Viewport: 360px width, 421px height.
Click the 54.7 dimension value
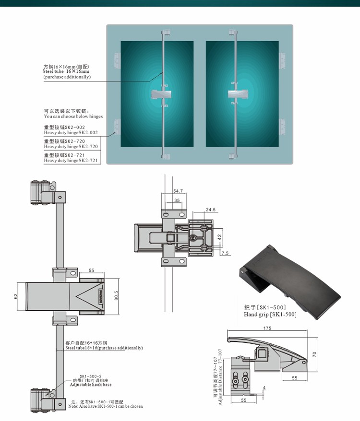[178, 191]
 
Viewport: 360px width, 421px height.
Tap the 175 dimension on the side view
[267, 328]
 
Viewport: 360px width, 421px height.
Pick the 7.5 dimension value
[226, 253]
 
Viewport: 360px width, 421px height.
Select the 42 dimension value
[219, 236]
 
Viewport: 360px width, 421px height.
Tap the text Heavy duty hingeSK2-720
[71, 146]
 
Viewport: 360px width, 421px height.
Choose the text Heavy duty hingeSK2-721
[71, 161]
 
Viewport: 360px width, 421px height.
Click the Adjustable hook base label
[90, 385]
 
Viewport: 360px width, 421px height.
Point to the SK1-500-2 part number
[90, 376]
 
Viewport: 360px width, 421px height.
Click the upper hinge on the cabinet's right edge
[282, 61]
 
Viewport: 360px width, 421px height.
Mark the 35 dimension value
[177, 200]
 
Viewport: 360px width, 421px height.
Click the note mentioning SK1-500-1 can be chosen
[105, 406]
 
